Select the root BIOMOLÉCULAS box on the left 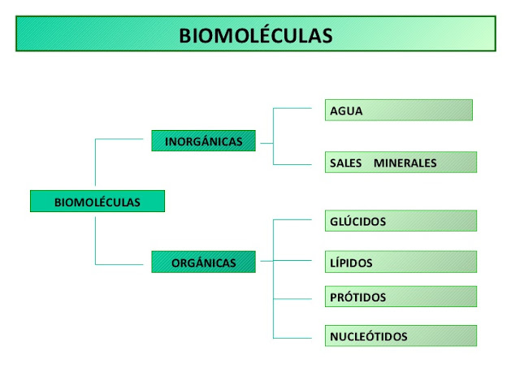click(x=97, y=201)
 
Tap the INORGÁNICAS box click(x=203, y=141)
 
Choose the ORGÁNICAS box click(x=203, y=262)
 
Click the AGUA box click(x=398, y=110)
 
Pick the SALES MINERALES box click(x=400, y=162)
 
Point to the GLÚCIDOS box click(x=400, y=221)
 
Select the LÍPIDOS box click(x=400, y=262)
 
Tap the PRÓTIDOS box click(x=400, y=297)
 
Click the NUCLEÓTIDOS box click(x=400, y=336)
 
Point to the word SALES click(x=345, y=163)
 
